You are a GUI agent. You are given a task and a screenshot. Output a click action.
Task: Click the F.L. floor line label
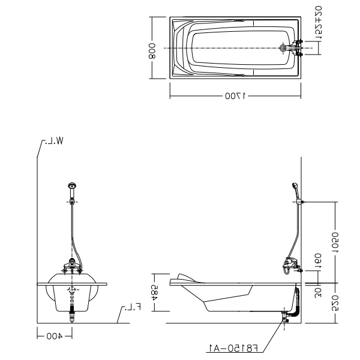(x=131, y=308)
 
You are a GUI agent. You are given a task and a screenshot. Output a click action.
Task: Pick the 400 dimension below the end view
(x=55, y=337)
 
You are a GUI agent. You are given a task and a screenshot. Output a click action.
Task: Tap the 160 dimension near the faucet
(x=319, y=260)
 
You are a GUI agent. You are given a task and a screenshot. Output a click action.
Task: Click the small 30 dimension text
(x=319, y=292)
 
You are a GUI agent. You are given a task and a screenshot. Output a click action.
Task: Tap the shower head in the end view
(x=72, y=187)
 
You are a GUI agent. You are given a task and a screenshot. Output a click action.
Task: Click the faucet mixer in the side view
(x=291, y=265)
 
